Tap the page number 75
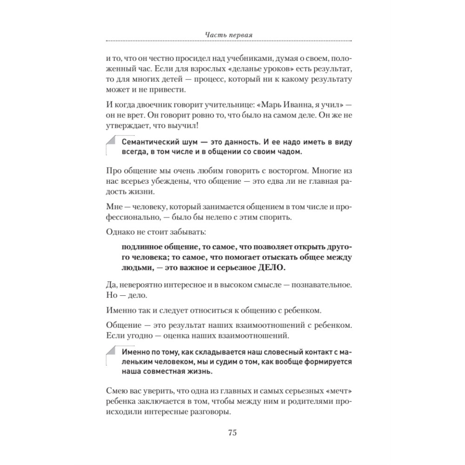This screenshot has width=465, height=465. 232,432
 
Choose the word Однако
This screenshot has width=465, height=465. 122,231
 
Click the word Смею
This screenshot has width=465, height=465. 118,389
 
